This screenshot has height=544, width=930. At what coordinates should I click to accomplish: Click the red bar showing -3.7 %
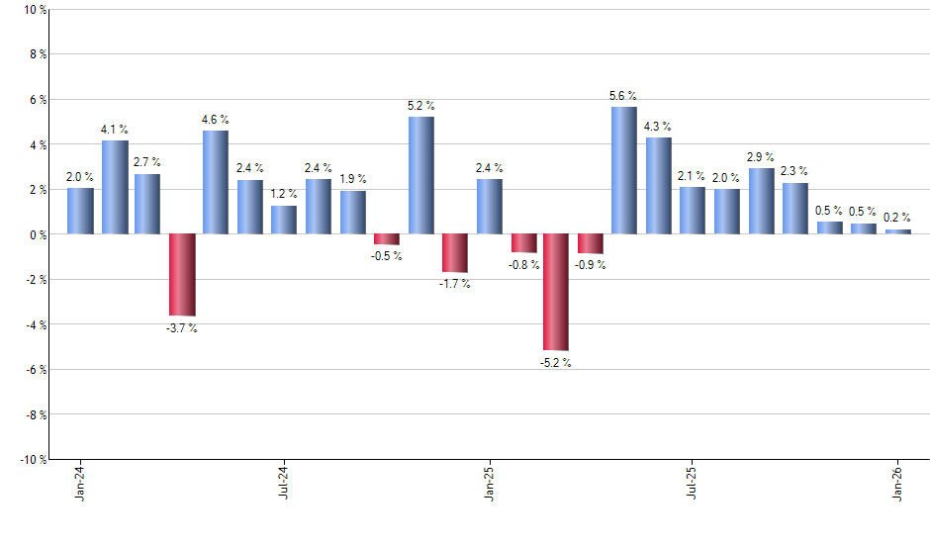182,275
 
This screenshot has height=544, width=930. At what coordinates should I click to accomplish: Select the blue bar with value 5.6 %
624,170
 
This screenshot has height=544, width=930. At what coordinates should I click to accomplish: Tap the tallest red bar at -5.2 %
556,292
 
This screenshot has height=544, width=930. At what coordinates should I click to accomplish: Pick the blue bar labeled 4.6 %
216,182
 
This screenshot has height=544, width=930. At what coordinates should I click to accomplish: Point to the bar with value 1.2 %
284,220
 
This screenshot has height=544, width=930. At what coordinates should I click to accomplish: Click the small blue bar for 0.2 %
897,231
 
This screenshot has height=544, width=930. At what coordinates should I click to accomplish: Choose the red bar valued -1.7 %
454,253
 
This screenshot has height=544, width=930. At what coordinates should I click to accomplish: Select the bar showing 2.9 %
761,201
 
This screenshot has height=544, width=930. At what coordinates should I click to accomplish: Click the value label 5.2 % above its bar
420,105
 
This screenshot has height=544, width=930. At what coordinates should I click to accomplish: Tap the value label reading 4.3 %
658,126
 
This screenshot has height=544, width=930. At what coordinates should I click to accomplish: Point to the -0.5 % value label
387,256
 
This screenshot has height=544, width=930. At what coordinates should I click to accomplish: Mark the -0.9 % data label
591,264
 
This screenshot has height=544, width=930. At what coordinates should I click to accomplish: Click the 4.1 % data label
115,129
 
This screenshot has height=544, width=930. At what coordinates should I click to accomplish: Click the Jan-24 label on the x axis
80,484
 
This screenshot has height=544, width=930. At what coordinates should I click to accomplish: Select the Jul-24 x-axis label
284,484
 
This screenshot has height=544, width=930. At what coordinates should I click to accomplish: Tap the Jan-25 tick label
489,484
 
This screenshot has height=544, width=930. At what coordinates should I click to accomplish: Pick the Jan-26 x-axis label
897,484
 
